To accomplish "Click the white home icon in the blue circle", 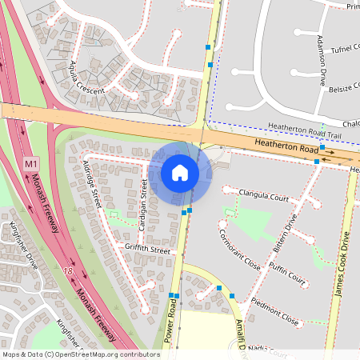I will pyautogui.click(x=180, y=173).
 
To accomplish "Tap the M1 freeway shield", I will pyautogui.click(x=31, y=164).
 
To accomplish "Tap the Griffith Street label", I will pyautogui.click(x=148, y=250).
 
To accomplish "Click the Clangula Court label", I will pyautogui.click(x=263, y=194).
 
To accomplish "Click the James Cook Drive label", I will pyautogui.click(x=343, y=264).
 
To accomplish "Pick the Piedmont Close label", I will pyautogui.click(x=274, y=311).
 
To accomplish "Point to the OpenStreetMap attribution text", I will pyautogui.click(x=81, y=354).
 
